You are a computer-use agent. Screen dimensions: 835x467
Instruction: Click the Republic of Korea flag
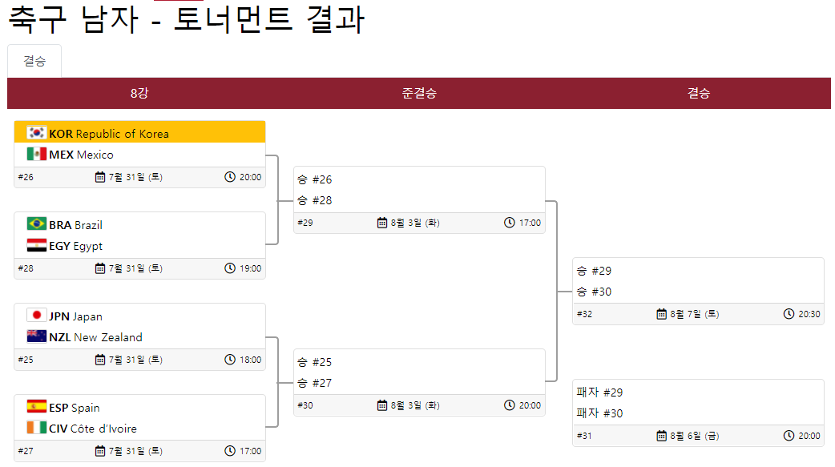37,133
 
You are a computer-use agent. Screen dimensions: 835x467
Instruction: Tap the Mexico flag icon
37,154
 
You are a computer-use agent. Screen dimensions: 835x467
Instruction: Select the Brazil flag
37,224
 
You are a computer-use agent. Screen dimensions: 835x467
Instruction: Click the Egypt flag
37,245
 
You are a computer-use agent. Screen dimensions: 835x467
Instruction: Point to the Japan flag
37,316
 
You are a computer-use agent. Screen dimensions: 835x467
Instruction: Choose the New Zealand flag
37,336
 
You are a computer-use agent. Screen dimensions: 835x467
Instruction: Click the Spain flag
37,407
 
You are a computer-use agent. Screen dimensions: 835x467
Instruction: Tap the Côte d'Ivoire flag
37,428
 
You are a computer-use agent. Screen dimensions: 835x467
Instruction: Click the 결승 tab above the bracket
34,61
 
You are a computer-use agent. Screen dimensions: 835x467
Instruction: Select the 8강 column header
139,93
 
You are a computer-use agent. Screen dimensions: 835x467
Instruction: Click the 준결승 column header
419,93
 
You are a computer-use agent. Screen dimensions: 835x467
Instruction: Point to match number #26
26,177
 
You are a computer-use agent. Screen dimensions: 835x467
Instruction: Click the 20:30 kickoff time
809,314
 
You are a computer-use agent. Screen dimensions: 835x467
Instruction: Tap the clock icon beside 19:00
230,268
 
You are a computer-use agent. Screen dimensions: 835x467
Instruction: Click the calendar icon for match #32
662,314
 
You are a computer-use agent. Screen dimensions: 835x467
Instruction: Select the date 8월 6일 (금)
694,436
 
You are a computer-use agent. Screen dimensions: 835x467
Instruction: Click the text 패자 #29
599,393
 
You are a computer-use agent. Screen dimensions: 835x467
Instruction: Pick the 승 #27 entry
314,383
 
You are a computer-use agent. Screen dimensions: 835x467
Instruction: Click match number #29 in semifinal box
305,223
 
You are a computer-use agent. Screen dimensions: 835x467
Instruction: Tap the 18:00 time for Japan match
250,360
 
